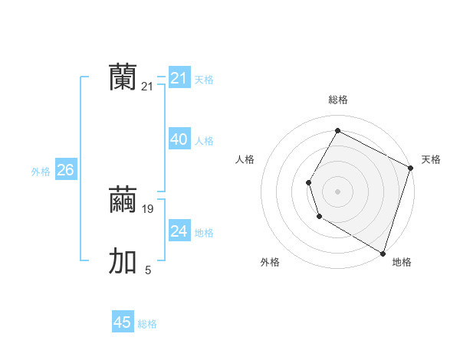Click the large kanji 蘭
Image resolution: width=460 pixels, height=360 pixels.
tap(123, 77)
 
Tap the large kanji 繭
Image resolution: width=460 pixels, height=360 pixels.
tap(123, 200)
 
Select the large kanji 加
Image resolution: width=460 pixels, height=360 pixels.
tap(123, 261)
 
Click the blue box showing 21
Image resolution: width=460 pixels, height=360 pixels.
tap(179, 78)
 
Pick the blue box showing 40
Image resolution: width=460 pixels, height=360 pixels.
tap(179, 139)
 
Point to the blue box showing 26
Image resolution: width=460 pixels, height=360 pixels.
tap(65, 170)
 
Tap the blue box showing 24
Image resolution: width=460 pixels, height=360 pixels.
tap(179, 231)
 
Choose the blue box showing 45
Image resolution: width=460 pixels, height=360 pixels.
tap(123, 322)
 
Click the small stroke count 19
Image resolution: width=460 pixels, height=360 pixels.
tap(148, 208)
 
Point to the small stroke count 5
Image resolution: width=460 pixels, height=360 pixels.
tap(148, 270)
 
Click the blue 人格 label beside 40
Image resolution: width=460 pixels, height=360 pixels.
tap(204, 141)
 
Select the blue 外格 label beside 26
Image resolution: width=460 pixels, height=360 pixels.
tap(41, 172)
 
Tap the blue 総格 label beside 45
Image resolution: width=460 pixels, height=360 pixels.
tap(147, 324)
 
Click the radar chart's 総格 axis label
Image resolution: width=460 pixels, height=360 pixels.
tap(338, 100)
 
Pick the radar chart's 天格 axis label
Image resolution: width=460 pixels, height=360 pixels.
tap(431, 159)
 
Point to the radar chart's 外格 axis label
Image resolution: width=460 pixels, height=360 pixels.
tap(270, 263)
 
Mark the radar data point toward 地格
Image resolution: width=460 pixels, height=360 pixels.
tap(383, 253)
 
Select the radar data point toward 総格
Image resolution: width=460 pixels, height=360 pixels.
tap(337, 131)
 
